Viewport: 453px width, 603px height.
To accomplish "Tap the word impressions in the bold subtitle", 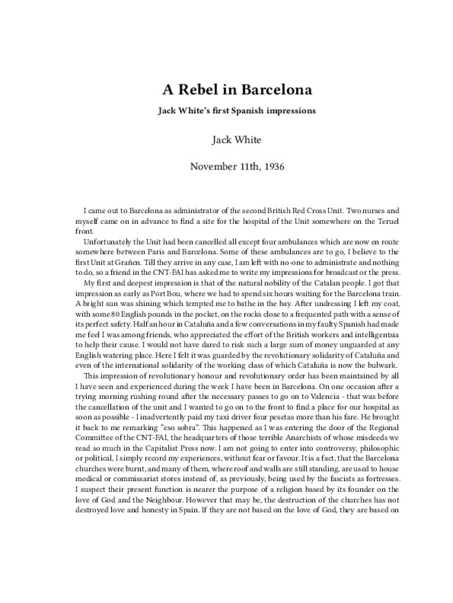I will (285, 111).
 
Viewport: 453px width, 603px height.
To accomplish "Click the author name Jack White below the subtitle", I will (226, 140).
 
